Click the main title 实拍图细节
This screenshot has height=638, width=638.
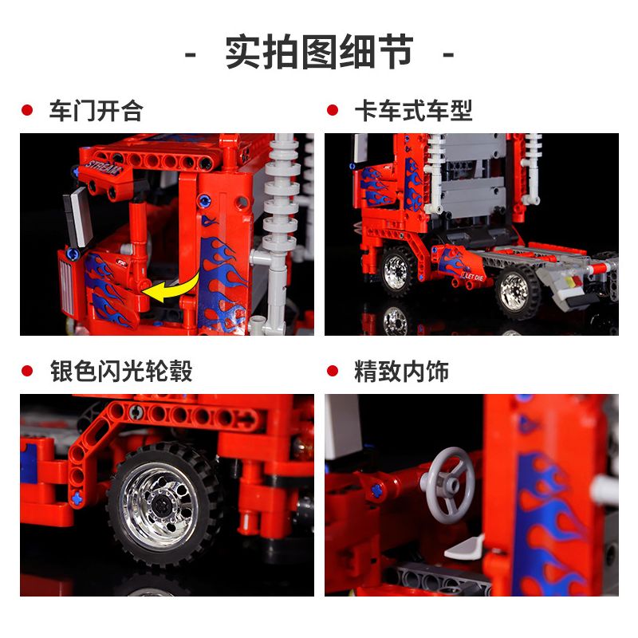(319, 53)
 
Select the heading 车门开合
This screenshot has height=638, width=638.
(96, 111)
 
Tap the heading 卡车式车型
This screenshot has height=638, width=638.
(413, 111)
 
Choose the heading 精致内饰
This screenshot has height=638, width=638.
(401, 371)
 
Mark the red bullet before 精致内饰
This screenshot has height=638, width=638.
(333, 371)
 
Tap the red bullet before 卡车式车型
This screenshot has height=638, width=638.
(333, 111)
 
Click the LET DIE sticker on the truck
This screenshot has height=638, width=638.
(473, 277)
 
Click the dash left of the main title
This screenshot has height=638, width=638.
(191, 54)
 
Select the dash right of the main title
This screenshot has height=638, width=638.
(447, 54)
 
